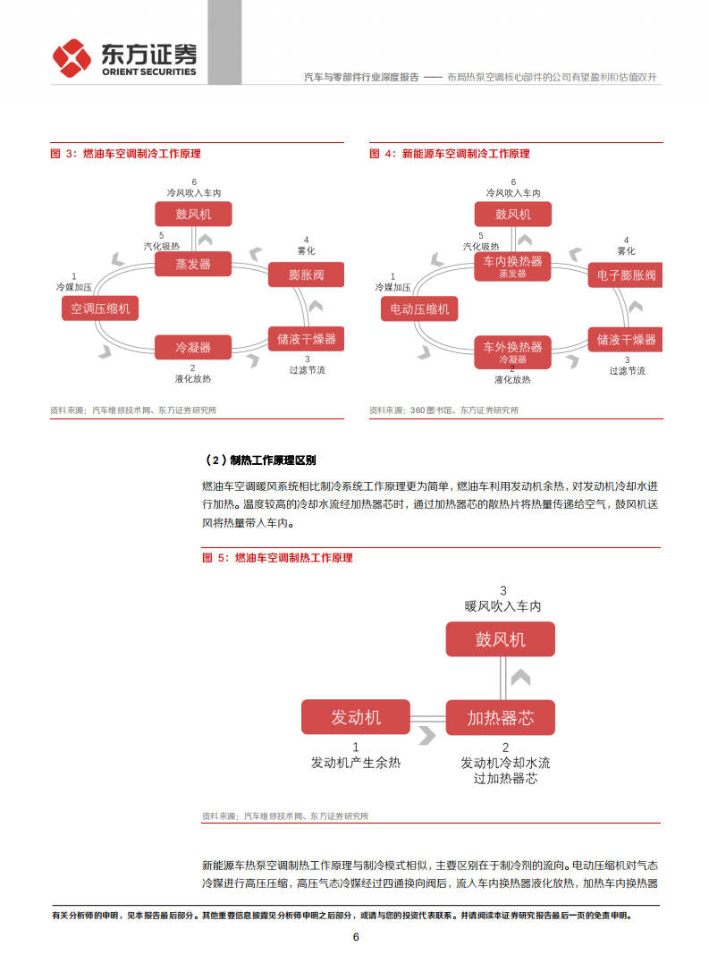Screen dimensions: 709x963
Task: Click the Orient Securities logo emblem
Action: click(x=72, y=58)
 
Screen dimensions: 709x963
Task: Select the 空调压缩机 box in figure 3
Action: click(x=100, y=309)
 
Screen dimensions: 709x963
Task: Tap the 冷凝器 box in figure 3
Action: click(x=193, y=347)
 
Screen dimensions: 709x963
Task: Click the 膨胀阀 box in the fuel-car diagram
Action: click(x=306, y=275)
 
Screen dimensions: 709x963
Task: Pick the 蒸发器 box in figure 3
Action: click(x=193, y=264)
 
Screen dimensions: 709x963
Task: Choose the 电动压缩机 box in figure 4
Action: click(x=419, y=309)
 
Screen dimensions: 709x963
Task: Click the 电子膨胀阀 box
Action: click(x=626, y=275)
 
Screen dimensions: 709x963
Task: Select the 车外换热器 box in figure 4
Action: click(x=513, y=350)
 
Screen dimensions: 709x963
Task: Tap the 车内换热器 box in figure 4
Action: click(x=513, y=266)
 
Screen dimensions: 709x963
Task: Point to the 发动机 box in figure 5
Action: click(x=356, y=717)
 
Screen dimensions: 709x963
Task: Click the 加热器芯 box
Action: click(x=501, y=717)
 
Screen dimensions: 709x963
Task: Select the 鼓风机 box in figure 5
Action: click(x=501, y=639)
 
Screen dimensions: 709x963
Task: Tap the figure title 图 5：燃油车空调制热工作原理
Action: click(x=278, y=558)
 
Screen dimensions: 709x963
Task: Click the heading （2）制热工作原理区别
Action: click(x=260, y=460)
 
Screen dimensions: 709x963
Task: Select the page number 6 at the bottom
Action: click(x=356, y=937)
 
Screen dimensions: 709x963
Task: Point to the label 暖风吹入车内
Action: click(x=502, y=605)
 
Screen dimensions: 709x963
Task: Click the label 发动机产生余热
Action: click(x=356, y=763)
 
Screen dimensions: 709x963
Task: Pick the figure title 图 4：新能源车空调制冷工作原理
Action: click(x=450, y=154)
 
